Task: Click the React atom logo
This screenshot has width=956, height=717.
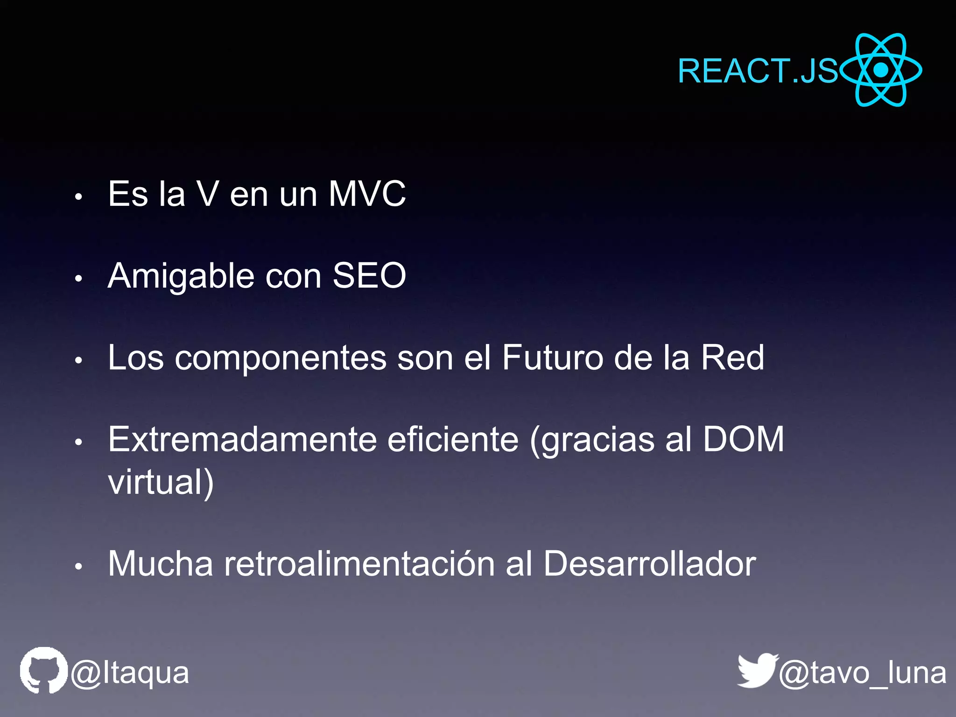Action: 880,70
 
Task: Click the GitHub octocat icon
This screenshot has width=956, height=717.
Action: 43,670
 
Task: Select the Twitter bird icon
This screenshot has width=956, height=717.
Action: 757,670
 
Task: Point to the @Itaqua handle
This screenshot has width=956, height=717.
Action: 130,673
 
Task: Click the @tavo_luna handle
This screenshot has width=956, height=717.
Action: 863,673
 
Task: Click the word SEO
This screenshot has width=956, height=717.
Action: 369,275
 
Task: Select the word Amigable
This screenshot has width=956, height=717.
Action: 181,276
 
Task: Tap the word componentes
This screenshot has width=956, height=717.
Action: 281,358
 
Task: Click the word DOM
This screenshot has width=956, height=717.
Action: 743,439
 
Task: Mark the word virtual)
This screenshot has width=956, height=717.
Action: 161,482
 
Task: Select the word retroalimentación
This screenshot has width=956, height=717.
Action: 359,564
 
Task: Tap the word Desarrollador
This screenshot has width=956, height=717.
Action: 649,564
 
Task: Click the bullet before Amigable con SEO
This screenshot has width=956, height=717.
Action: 78,278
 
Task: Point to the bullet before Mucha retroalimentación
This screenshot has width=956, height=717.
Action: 78,566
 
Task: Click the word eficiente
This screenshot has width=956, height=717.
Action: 453,440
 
